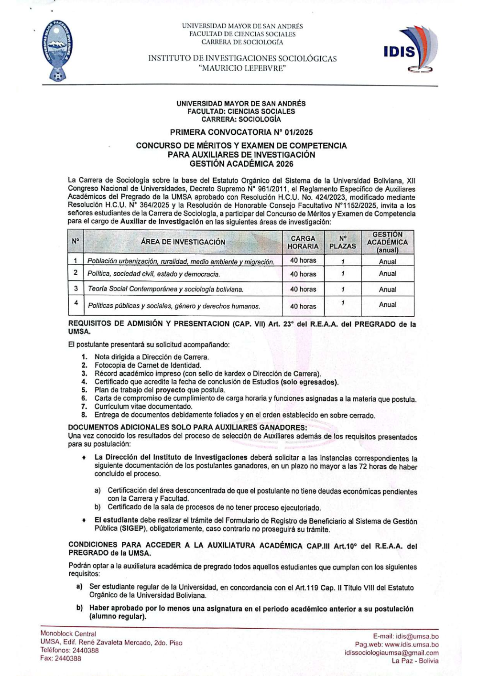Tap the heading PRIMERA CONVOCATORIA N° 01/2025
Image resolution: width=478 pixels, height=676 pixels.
click(241, 132)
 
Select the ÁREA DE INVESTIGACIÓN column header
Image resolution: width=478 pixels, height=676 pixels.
click(183, 242)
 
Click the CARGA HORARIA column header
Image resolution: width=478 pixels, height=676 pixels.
click(303, 242)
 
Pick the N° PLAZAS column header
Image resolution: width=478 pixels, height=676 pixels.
click(342, 242)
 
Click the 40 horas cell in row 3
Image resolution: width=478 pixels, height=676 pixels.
click(303, 289)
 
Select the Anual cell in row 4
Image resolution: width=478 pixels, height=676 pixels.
click(387, 305)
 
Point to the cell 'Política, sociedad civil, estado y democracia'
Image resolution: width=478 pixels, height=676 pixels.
click(153, 274)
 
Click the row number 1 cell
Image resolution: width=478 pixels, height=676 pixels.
click(76, 261)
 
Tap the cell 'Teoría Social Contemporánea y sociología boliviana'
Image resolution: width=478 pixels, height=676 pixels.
click(165, 289)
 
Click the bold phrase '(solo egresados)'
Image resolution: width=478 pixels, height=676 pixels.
click(309, 382)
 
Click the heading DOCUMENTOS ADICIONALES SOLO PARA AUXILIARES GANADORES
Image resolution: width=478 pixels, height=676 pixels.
click(187, 427)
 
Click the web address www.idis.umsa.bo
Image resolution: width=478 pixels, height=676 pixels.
click(412, 644)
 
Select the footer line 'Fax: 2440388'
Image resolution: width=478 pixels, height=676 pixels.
click(61, 658)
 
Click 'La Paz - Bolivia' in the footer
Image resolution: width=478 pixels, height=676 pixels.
click(415, 661)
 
